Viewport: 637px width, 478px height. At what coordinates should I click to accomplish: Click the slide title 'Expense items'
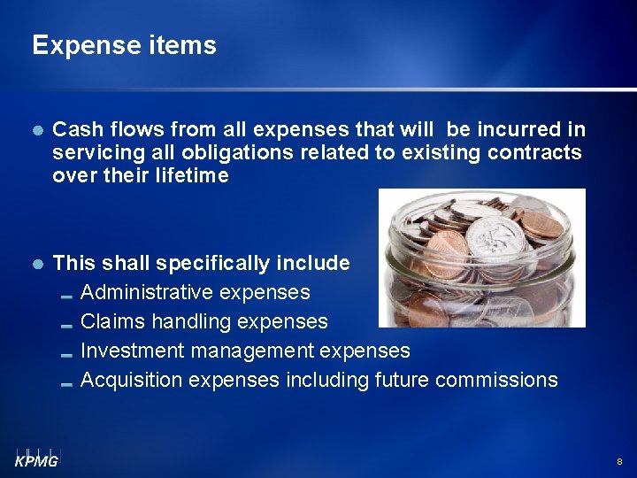point(124,45)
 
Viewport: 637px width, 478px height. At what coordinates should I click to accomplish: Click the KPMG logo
point(36,457)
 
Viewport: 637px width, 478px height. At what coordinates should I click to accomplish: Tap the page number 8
point(618,462)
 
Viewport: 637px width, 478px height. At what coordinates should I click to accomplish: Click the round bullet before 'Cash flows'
point(37,130)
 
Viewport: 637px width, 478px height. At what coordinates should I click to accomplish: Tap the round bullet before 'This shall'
point(37,264)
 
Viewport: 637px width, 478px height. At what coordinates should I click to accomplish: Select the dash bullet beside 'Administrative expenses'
point(67,294)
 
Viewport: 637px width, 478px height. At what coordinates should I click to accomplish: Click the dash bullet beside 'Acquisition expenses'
point(67,382)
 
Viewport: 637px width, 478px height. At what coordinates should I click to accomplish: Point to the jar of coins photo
point(481,258)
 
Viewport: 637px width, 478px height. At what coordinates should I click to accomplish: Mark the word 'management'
point(259,351)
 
